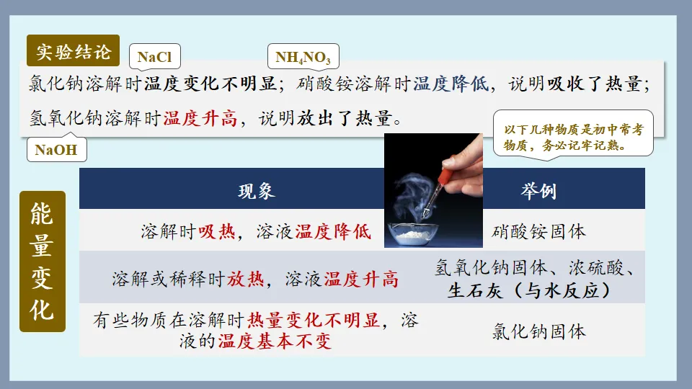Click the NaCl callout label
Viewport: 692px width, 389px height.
(x=154, y=58)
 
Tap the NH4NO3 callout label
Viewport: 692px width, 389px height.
(x=303, y=58)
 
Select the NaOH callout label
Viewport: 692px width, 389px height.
(x=56, y=151)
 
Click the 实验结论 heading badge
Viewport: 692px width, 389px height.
(x=74, y=51)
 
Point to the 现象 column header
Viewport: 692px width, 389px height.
(x=257, y=191)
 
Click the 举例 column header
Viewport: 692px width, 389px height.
(x=538, y=191)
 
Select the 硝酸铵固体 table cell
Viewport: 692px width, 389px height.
(x=538, y=231)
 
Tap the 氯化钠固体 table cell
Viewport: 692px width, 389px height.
(x=538, y=331)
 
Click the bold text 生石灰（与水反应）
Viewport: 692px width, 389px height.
(x=530, y=290)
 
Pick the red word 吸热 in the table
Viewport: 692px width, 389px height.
(x=217, y=231)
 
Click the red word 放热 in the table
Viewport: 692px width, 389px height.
(x=246, y=279)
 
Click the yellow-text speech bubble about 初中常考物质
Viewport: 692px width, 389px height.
(x=573, y=134)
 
